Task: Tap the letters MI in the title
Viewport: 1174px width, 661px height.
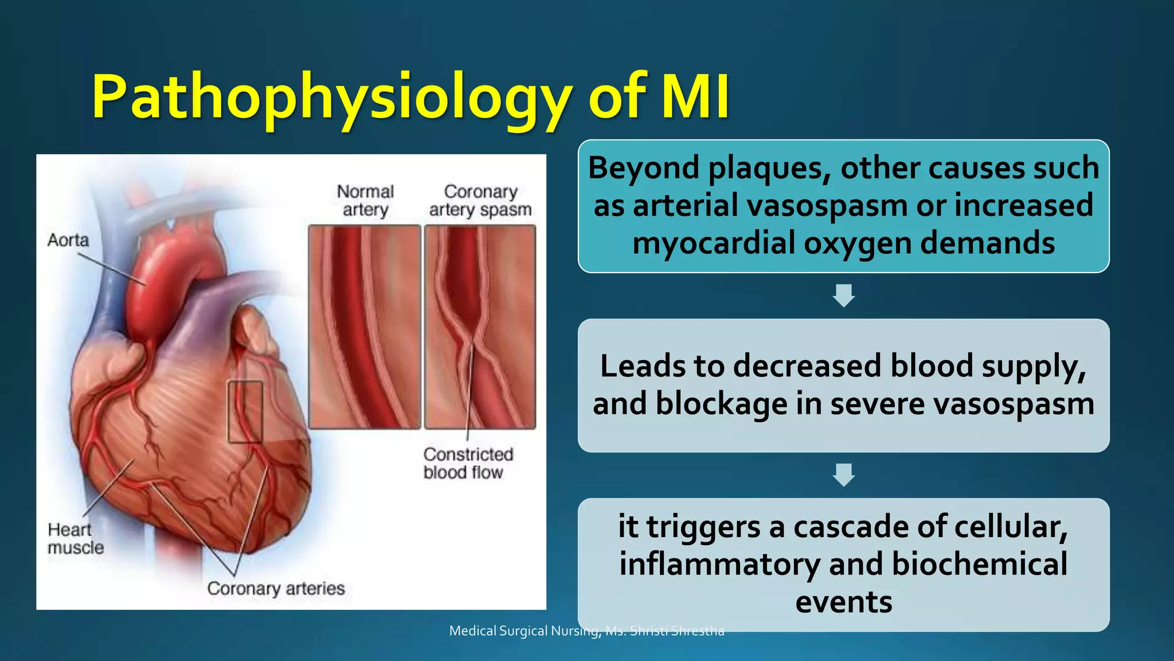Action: coord(695,96)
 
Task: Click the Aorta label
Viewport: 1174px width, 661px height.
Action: coord(68,240)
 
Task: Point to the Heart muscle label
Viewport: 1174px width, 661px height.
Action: coord(75,538)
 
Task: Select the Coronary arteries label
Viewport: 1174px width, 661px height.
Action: coord(276,588)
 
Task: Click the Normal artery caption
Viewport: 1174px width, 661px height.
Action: coord(365,200)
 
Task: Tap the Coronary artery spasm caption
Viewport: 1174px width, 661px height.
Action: coord(480,200)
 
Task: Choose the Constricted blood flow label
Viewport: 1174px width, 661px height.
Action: coord(468,463)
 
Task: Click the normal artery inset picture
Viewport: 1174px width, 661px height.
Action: coord(365,327)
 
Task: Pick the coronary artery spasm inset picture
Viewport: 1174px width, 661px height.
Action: coord(480,327)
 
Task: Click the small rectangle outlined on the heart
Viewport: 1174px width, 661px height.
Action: coord(245,411)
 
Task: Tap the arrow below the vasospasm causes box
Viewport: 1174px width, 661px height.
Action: coord(843,295)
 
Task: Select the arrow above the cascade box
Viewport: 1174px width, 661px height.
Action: coord(843,475)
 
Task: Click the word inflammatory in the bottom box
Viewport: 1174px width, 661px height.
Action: coord(719,564)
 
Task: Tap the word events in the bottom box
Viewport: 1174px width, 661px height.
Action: coord(843,602)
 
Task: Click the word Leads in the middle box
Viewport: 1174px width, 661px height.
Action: coord(642,366)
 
